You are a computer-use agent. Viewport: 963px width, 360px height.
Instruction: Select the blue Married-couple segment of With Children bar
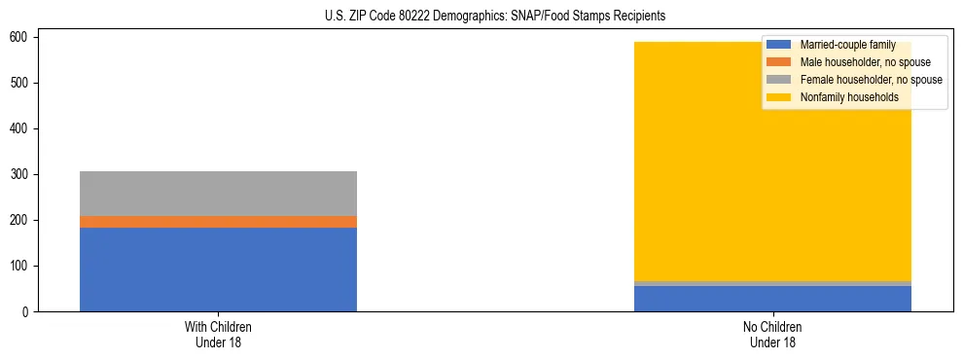point(218,270)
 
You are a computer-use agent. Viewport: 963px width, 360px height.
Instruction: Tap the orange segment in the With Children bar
point(218,222)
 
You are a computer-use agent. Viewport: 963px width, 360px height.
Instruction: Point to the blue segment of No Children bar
point(772,299)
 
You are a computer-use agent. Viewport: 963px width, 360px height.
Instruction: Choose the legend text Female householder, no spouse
point(871,80)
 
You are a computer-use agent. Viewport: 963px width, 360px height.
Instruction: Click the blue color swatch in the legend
point(778,45)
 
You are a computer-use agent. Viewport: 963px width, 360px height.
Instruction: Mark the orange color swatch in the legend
point(778,62)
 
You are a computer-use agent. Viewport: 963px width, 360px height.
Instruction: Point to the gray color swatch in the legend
point(778,80)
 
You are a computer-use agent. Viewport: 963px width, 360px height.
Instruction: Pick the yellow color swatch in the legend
point(778,97)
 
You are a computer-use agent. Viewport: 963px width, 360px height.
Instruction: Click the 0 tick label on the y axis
point(27,312)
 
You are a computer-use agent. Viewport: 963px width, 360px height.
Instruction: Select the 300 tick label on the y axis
point(21,175)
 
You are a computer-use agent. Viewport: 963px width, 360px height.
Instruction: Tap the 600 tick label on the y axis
point(21,37)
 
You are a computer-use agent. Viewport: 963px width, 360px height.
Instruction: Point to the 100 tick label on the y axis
point(21,267)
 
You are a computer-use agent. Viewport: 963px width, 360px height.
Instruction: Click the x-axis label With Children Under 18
point(218,335)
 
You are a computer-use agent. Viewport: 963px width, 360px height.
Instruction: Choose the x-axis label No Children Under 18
point(772,335)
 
